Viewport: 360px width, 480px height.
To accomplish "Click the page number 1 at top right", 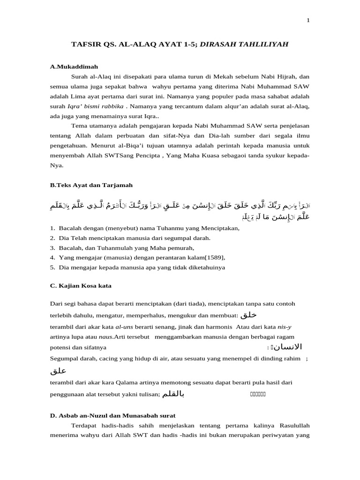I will click(308, 20).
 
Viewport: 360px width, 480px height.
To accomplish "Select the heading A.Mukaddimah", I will click(74, 67).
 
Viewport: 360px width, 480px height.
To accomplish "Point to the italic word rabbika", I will click(111, 106).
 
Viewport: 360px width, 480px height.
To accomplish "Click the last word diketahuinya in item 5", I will click(203, 267).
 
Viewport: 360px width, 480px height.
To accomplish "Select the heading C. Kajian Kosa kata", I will click(81, 285).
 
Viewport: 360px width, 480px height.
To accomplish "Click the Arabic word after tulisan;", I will click(173, 394).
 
